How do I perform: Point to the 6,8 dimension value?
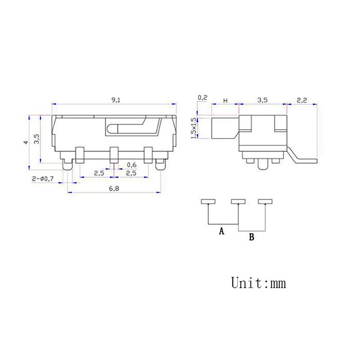(114, 189)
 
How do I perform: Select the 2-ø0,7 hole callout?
(43, 179)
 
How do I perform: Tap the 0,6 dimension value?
(132, 164)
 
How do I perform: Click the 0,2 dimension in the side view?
(202, 98)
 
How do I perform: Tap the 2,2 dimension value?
(301, 101)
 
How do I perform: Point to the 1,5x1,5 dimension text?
(193, 128)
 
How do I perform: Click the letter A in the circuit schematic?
(221, 232)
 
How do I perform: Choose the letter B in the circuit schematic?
(252, 237)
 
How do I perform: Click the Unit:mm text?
(258, 283)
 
